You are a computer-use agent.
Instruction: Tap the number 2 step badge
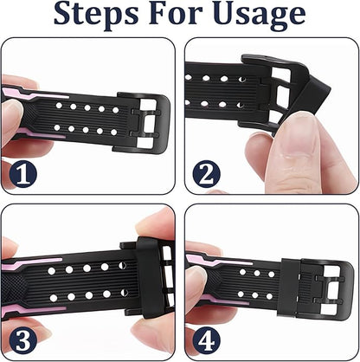(x=204, y=175)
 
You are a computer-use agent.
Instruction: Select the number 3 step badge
(x=23, y=337)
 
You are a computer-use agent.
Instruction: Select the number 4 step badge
(x=204, y=337)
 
